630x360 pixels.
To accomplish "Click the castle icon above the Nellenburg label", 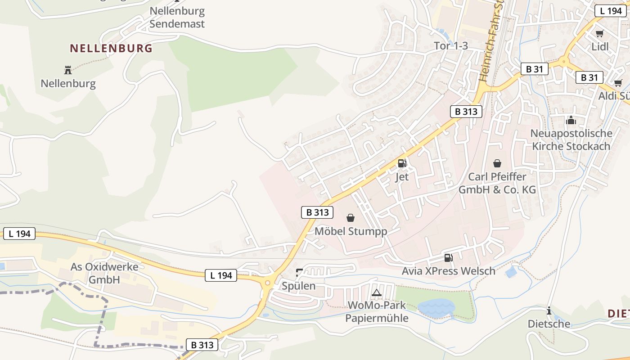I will pyautogui.click(x=68, y=70).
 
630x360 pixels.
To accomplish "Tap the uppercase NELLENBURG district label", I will pyautogui.click(x=111, y=48).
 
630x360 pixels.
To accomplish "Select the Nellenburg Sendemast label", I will pyautogui.click(x=177, y=18).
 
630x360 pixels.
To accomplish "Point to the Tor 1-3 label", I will pyautogui.click(x=451, y=45).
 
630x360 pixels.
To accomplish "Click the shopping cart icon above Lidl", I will pyautogui.click(x=599, y=33).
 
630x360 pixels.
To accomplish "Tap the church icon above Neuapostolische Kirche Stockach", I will pyautogui.click(x=571, y=120).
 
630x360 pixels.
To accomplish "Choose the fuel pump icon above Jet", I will pyautogui.click(x=402, y=163).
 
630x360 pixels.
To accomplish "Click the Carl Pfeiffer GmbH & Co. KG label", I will pyautogui.click(x=497, y=183).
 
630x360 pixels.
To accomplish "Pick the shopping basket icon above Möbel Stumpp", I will pyautogui.click(x=351, y=218).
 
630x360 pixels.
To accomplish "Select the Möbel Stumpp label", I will pyautogui.click(x=351, y=231).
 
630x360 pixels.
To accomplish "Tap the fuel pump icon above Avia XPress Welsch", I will pyautogui.click(x=448, y=258).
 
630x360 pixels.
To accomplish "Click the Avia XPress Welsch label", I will pyautogui.click(x=448, y=271).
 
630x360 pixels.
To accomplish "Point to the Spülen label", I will pyautogui.click(x=298, y=286).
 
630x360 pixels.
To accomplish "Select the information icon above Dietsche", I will pyautogui.click(x=549, y=310).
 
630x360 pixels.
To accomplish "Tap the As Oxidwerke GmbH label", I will pyautogui.click(x=104, y=273).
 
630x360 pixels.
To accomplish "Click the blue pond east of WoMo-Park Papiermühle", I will pyautogui.click(x=436, y=308).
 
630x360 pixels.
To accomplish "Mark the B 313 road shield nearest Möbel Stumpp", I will pyautogui.click(x=317, y=212).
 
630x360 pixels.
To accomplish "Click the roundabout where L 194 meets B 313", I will pyautogui.click(x=268, y=283).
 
